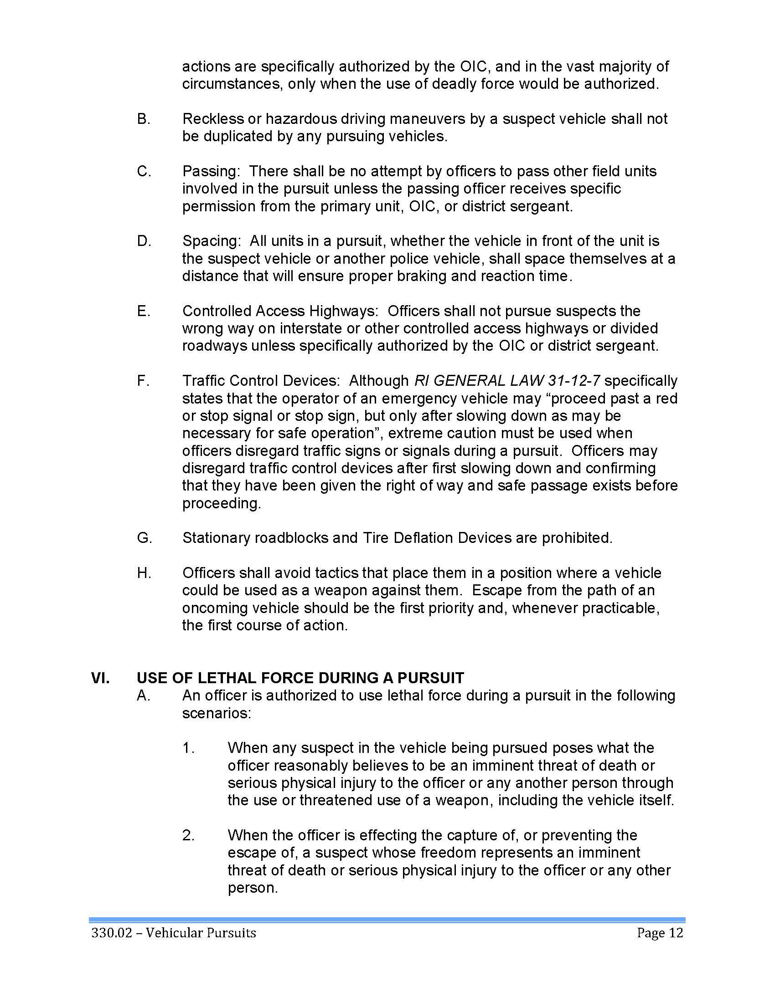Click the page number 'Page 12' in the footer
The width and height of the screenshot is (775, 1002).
coord(660,933)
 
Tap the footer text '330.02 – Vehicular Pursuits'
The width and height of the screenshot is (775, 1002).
coord(174,933)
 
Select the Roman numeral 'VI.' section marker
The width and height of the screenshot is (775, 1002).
coord(101,678)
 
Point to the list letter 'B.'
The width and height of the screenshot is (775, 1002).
coord(144,119)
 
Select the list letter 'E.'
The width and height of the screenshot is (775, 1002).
coord(144,311)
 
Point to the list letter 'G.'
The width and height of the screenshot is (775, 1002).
coord(144,538)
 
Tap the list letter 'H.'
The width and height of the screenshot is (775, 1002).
coord(144,573)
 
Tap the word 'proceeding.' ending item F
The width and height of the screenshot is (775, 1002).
coord(222,503)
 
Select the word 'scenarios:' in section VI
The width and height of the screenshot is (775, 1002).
coord(217,713)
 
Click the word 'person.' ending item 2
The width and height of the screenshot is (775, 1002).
coord(253,888)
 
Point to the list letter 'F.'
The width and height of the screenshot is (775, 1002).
coord(143,381)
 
